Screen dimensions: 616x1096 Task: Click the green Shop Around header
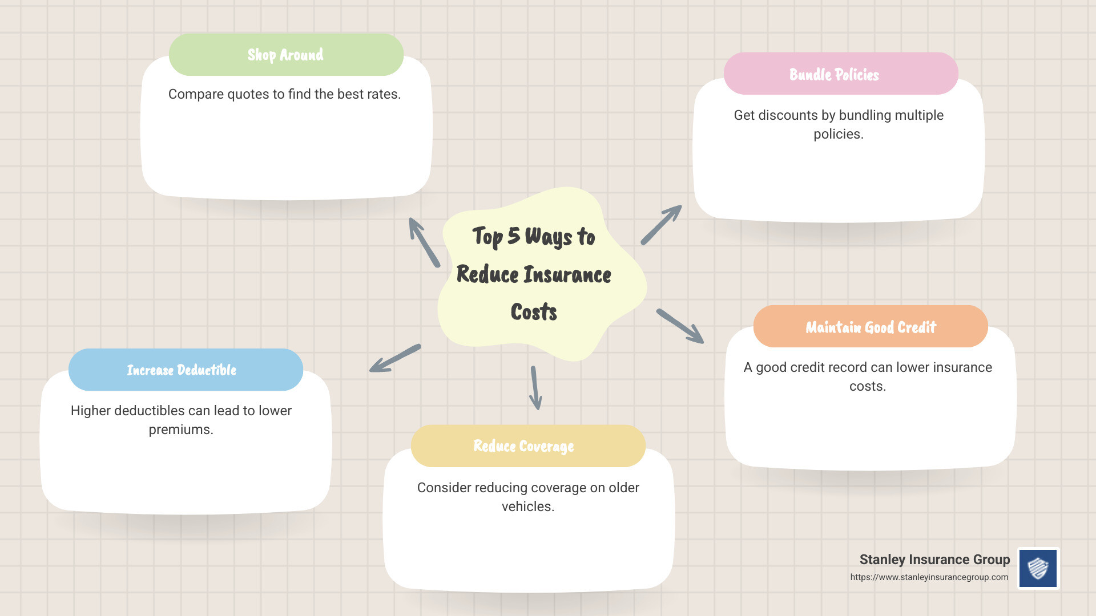tap(286, 55)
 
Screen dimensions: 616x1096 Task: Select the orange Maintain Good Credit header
tap(871, 327)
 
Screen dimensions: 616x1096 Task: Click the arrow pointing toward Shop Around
tap(424, 242)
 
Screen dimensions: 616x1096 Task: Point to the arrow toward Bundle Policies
tap(662, 225)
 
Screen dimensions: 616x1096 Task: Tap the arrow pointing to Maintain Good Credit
tap(680, 326)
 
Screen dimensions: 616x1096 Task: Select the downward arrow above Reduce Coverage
tap(535, 388)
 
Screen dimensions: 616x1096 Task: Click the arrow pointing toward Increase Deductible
tap(394, 359)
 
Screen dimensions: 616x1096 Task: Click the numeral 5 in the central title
tap(514, 236)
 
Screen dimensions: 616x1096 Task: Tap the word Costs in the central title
tap(534, 312)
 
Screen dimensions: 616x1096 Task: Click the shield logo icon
tap(1038, 568)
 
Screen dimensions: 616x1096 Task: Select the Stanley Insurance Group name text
tap(934, 560)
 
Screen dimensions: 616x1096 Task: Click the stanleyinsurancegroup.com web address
tap(929, 577)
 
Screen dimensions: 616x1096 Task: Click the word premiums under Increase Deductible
tap(180, 429)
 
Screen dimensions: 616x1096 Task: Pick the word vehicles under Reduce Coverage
tap(527, 506)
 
